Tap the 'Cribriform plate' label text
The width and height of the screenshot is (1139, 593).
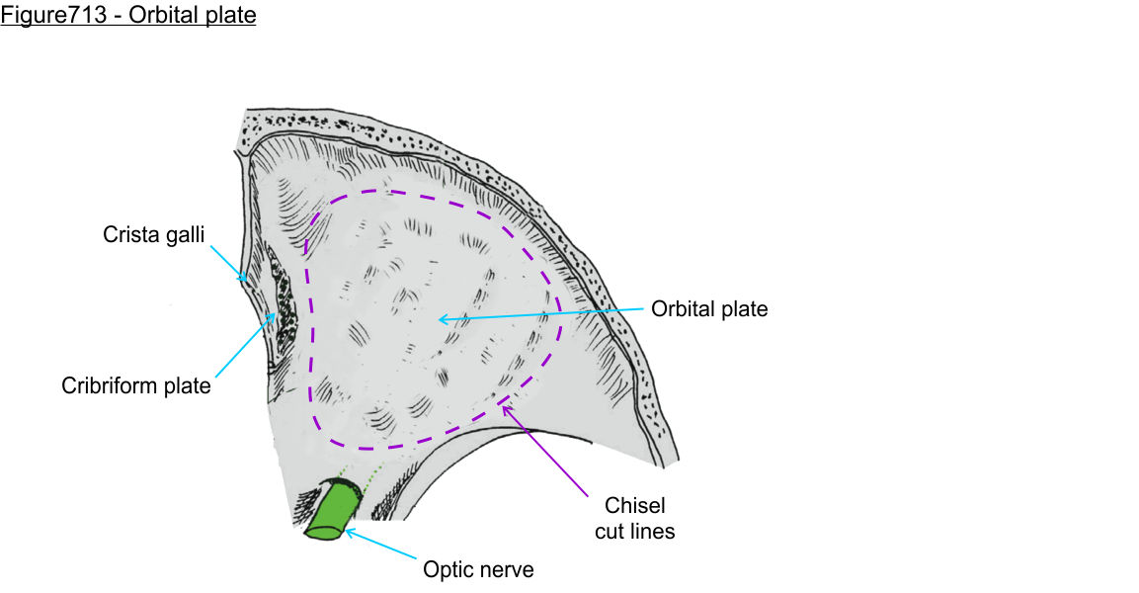pos(136,385)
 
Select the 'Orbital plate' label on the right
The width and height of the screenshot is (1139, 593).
pos(708,309)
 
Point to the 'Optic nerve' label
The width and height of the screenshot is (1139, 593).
pos(478,569)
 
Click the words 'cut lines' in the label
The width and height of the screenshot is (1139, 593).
pos(634,532)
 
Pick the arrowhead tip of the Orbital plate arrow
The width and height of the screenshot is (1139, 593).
pos(442,318)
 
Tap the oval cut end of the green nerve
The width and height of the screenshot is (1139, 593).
pos(324,533)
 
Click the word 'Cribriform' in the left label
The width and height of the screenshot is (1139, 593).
pos(110,385)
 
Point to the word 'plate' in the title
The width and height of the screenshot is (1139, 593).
pos(230,17)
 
